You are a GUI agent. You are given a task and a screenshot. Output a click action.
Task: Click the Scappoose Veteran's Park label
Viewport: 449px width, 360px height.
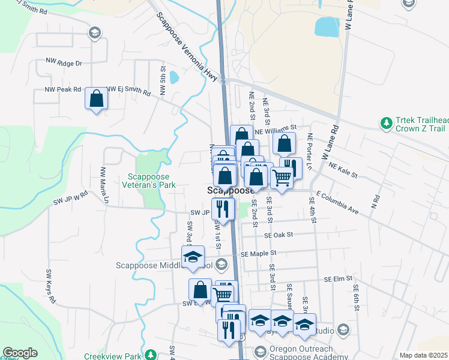point(151,181)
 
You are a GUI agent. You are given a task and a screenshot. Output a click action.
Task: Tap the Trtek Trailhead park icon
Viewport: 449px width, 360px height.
point(386,124)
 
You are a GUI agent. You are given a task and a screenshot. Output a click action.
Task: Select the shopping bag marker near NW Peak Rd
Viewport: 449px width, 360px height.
point(96,99)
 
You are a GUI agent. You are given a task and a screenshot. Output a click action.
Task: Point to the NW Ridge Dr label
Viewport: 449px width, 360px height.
point(64,62)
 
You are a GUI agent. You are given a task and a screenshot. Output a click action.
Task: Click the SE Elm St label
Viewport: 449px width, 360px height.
point(337,279)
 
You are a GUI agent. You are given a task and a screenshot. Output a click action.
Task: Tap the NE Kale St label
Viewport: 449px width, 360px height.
point(343,171)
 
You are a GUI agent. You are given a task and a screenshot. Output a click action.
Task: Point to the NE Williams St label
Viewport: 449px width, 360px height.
point(276,129)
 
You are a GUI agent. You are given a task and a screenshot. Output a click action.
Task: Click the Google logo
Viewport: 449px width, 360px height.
point(20,353)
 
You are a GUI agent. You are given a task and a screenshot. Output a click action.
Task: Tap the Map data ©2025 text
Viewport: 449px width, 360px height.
point(423,355)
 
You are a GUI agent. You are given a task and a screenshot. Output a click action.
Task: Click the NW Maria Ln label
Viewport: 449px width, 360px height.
point(103,181)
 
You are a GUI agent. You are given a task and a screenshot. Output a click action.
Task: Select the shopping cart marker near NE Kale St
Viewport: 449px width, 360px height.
point(282,178)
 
